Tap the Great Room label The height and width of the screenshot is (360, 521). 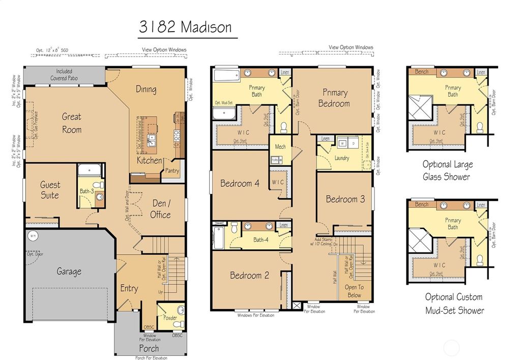click(72, 123)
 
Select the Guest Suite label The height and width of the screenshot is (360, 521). click(50, 190)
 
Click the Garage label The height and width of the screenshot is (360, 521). click(69, 271)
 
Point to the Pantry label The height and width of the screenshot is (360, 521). click(172, 171)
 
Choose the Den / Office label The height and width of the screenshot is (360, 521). click(160, 209)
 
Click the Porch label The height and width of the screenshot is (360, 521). click(149, 349)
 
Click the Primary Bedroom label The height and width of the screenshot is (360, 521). click(334, 98)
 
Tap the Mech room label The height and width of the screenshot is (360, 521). click(280, 147)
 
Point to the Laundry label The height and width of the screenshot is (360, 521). click(342, 158)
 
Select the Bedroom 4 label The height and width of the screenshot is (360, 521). click(240, 184)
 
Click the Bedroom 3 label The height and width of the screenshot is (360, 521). click(345, 199)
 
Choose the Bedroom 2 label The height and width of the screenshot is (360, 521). click(249, 275)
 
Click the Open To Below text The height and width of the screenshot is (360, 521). click(354, 291)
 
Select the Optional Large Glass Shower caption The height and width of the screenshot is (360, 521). click(447, 171)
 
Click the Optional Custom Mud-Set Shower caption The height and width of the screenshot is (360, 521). click(454, 303)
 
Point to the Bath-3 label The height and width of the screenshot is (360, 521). click(86, 191)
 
